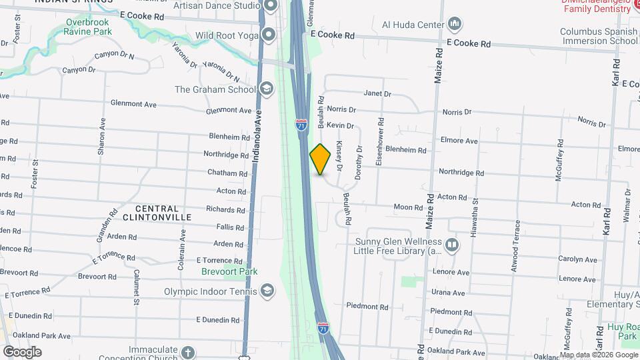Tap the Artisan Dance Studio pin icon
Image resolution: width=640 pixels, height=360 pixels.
coord(270,7)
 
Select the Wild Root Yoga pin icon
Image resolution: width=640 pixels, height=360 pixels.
coord(268,35)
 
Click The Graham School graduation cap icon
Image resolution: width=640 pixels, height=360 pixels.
coord(266,89)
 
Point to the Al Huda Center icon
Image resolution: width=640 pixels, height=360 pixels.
coord(455,25)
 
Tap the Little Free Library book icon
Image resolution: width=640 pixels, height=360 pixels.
coord(452,245)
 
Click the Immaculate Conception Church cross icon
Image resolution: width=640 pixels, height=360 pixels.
coord(188,352)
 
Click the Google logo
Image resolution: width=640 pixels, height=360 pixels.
coord(22,351)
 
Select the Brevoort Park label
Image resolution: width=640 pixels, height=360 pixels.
coord(229,271)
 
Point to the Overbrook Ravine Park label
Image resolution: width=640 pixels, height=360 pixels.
coord(89,26)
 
